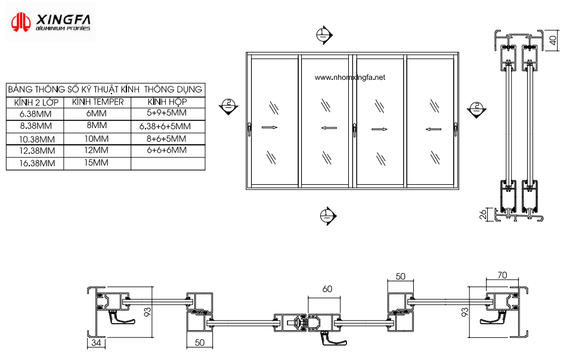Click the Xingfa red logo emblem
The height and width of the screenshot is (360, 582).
[x=20, y=22]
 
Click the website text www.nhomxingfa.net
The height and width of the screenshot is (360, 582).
[x=349, y=77]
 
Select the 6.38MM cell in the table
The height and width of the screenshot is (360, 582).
[x=36, y=114]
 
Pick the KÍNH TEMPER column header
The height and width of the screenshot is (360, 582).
[x=98, y=102]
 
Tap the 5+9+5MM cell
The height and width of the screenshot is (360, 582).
[x=166, y=113]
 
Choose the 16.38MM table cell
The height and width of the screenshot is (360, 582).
[x=37, y=163]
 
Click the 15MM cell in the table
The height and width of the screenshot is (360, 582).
[x=96, y=163]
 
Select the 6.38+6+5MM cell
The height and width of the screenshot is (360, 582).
[x=165, y=126]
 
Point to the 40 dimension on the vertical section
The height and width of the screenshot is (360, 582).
[x=553, y=40]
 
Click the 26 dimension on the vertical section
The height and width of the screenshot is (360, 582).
[x=482, y=215]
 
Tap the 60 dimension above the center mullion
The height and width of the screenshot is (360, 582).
[x=327, y=289]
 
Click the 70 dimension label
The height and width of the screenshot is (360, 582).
[x=502, y=275]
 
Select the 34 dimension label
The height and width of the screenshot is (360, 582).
[x=96, y=343]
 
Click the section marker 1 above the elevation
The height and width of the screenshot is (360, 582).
[x=324, y=35]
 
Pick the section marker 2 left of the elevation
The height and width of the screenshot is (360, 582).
[x=228, y=106]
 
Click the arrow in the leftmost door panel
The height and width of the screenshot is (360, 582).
[x=270, y=128]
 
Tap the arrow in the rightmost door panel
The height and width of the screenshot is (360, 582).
[x=433, y=129]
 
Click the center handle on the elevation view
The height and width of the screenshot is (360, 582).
[x=354, y=131]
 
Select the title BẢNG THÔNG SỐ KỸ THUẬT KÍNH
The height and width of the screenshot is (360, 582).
[x=73, y=89]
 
